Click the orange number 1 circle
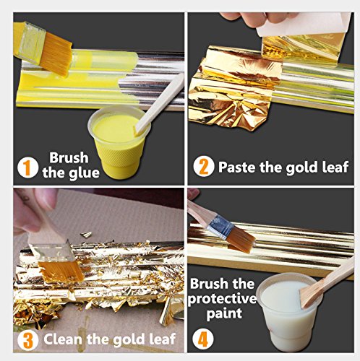[x=27, y=168]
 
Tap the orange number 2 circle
[x=204, y=167]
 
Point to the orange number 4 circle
[x=203, y=339]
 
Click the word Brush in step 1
[x=69, y=158]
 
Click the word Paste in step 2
[x=236, y=167]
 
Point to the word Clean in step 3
[x=64, y=339]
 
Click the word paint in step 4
[x=224, y=314]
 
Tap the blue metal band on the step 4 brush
[x=220, y=227]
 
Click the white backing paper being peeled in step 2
[x=302, y=24]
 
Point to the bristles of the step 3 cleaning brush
[x=61, y=271]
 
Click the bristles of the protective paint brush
[x=241, y=240]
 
